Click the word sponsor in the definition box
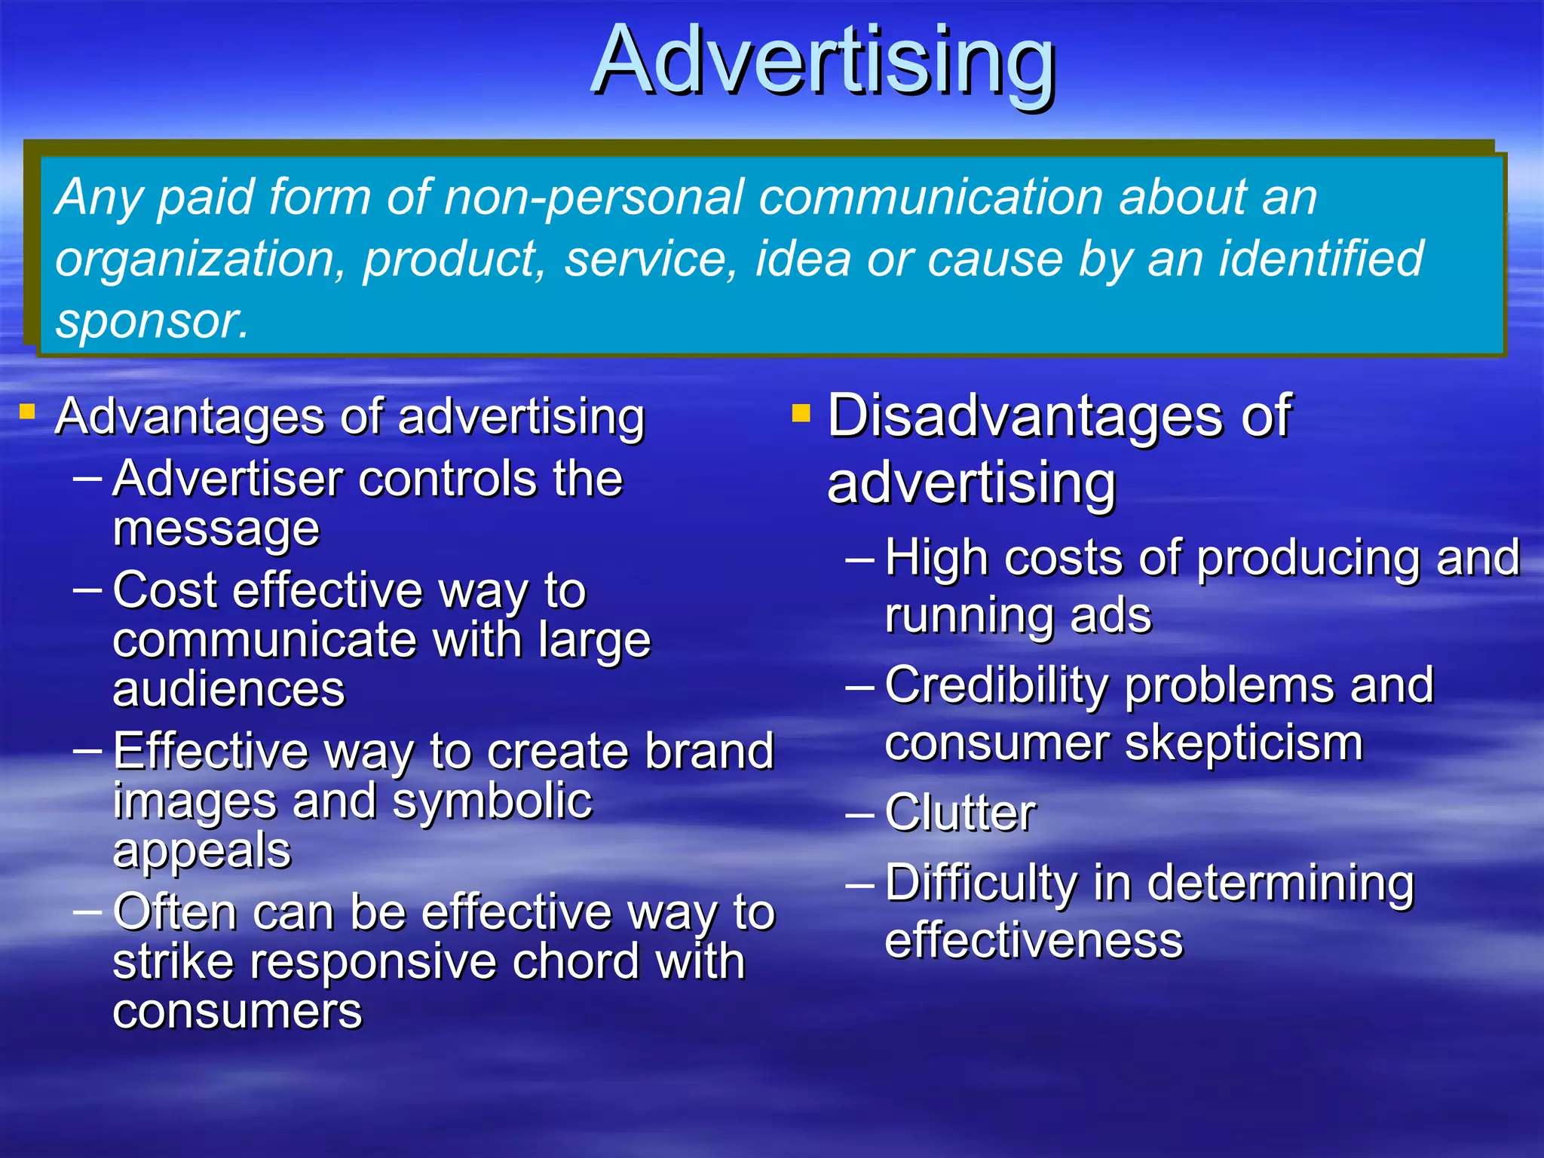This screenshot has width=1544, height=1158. pyautogui.click(x=152, y=321)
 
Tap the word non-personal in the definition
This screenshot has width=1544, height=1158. pyautogui.click(x=600, y=198)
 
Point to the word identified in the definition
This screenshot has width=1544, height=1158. pyautogui.click(x=1320, y=259)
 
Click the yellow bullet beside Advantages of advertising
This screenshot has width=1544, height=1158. pyautogui.click(x=28, y=412)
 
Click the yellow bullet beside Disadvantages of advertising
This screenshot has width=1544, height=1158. pyautogui.click(x=801, y=412)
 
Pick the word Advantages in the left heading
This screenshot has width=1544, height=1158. pyautogui.click(x=191, y=416)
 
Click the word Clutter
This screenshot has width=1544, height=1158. pyautogui.click(x=960, y=813)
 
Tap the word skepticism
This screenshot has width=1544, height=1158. pyautogui.click(x=1244, y=743)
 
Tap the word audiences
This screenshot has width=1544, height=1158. pyautogui.click(x=228, y=689)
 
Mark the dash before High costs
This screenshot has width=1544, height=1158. pyautogui.click(x=860, y=560)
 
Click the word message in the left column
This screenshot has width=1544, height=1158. pyautogui.click(x=216, y=530)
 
